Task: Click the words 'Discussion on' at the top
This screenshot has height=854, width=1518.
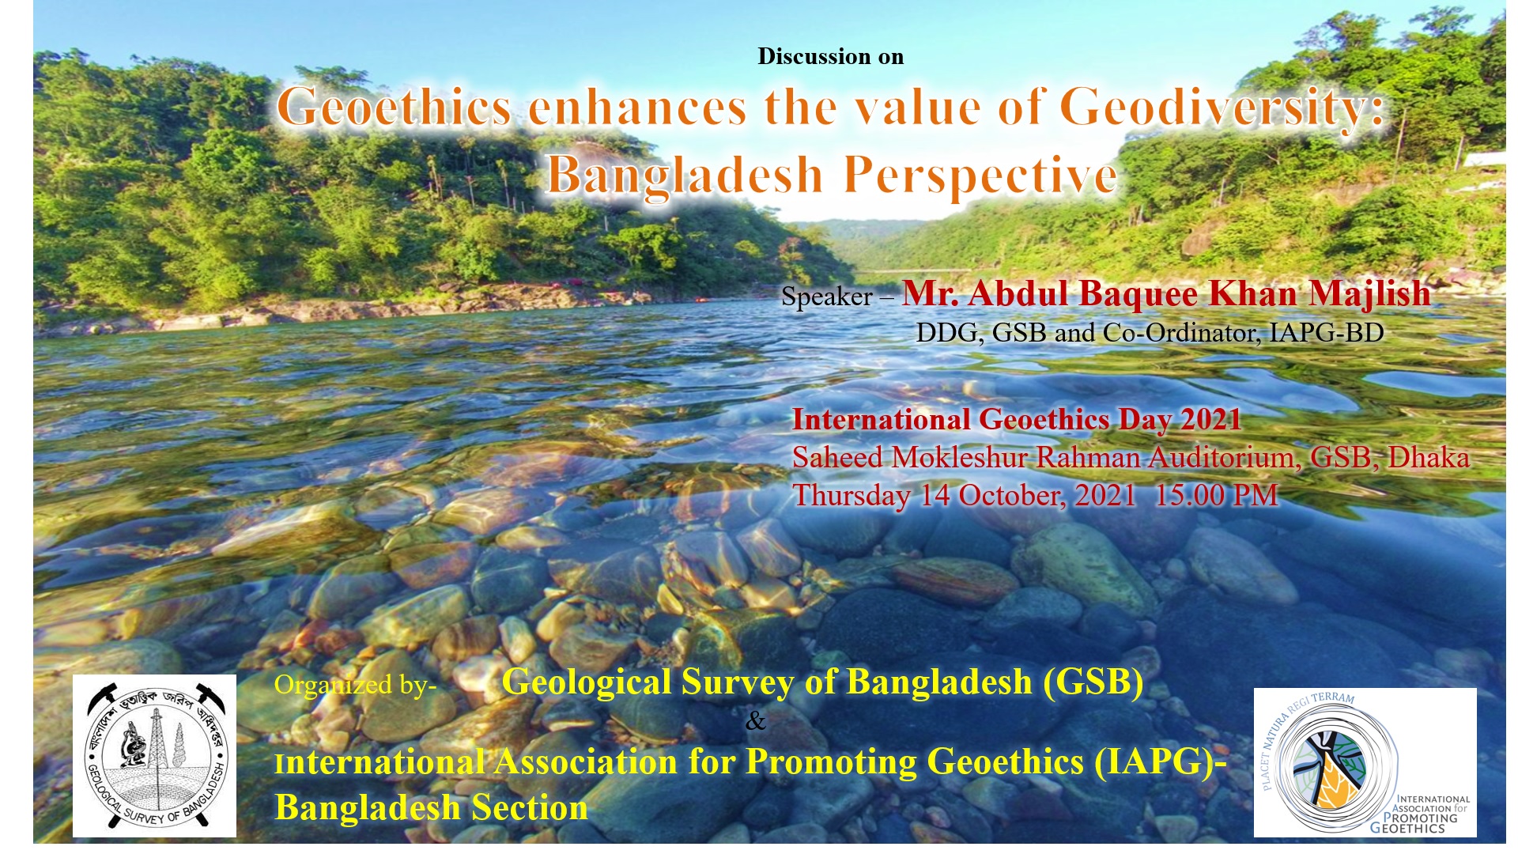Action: [830, 57]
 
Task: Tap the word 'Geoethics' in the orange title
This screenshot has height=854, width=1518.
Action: [394, 108]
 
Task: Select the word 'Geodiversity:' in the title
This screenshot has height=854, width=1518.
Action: [1222, 108]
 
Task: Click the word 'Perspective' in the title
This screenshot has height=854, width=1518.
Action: [980, 176]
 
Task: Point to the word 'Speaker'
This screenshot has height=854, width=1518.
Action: [826, 297]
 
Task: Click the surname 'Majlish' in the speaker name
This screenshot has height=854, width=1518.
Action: [1369, 294]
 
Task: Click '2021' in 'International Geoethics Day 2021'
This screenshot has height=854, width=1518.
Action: [1210, 419]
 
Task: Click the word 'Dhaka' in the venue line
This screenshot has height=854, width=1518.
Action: [1429, 458]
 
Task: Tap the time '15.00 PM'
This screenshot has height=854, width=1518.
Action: [1216, 496]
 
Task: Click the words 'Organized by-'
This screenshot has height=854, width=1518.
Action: [355, 685]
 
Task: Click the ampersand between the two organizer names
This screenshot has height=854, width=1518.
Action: [755, 721]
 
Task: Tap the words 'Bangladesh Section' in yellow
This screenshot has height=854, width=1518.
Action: [431, 808]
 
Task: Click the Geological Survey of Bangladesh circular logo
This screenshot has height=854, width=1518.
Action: [155, 755]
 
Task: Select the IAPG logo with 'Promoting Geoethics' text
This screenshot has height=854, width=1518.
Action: [1365, 762]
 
